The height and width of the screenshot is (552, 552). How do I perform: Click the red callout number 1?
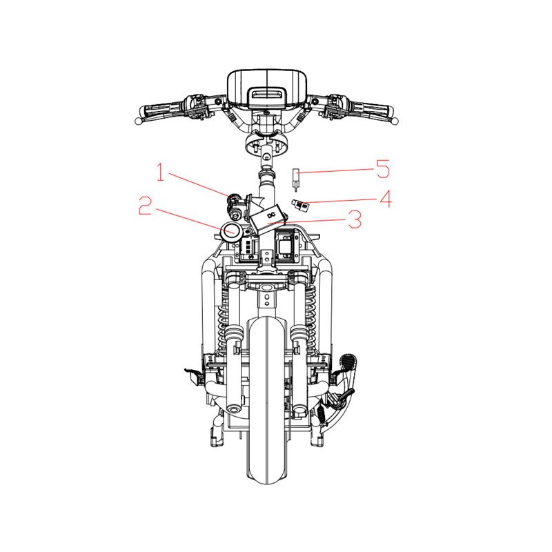tap(161, 172)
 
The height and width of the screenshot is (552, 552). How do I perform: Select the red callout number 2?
tap(145, 205)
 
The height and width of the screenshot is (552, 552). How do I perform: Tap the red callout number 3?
tap(355, 219)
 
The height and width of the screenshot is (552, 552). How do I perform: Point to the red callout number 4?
tap(386, 199)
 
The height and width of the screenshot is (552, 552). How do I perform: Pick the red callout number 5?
tap(383, 168)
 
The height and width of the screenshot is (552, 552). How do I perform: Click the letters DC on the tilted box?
tap(271, 215)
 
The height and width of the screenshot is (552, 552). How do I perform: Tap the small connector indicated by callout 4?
tap(300, 206)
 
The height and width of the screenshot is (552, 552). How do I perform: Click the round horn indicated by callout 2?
tap(231, 232)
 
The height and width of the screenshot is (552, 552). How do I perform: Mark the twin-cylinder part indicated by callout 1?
tap(235, 206)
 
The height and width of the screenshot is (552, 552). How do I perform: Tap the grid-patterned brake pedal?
tap(348, 363)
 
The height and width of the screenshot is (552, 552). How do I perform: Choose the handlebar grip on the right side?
tap(370, 110)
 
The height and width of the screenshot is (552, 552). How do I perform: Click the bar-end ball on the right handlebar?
tap(395, 121)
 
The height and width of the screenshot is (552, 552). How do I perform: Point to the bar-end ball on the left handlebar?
tap(139, 121)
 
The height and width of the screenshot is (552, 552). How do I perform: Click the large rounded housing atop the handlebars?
tap(267, 88)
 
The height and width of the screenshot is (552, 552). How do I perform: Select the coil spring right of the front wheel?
tap(310, 317)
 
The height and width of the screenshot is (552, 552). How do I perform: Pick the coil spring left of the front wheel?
tap(223, 317)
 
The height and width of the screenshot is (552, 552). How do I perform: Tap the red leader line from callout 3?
tap(306, 221)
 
